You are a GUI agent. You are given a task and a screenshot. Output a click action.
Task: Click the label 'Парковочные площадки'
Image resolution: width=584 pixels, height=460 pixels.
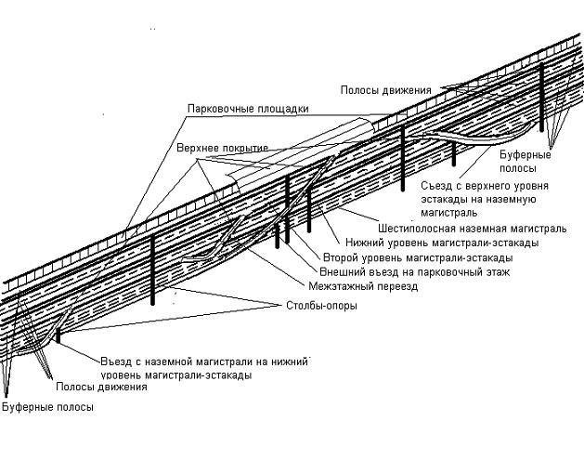pyautogui.click(x=247, y=109)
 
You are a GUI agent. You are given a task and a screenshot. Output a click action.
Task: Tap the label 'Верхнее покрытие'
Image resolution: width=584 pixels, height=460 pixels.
pyautogui.click(x=222, y=149)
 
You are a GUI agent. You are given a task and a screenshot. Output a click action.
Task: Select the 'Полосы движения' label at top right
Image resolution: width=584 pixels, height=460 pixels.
pyautogui.click(x=385, y=90)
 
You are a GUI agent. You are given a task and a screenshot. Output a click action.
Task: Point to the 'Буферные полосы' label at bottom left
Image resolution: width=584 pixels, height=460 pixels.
pyautogui.click(x=47, y=407)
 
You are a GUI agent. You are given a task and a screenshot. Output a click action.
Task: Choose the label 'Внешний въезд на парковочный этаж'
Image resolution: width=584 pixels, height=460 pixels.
pyautogui.click(x=414, y=272)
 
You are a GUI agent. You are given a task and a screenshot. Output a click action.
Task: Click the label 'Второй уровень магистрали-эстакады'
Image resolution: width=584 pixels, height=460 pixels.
pyautogui.click(x=417, y=257)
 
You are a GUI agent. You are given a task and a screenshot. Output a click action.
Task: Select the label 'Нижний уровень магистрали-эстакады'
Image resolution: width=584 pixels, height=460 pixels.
pyautogui.click(x=435, y=243)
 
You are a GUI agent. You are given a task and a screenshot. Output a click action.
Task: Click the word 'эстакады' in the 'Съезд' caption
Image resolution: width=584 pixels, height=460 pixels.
pyautogui.click(x=445, y=200)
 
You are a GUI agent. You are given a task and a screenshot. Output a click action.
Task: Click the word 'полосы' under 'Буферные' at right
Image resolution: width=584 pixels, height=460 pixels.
pyautogui.click(x=517, y=169)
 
